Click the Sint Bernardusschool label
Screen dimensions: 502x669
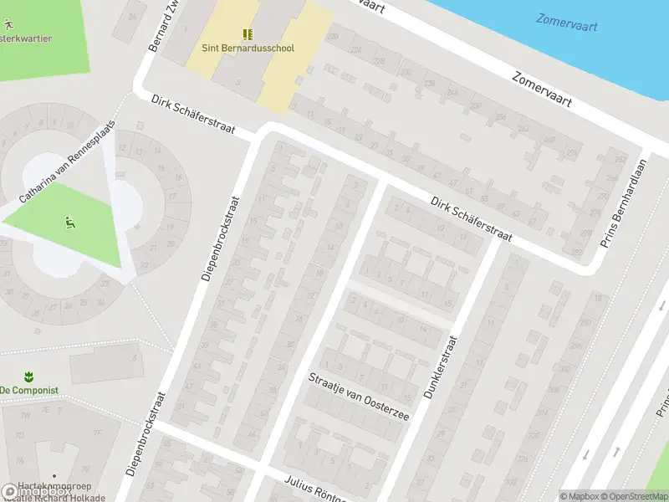point(248,49)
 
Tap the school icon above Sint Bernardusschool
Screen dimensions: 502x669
point(248,33)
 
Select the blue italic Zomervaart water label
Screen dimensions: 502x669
point(567,22)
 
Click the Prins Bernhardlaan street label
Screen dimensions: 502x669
point(624,203)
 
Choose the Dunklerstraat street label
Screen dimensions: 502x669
point(442,366)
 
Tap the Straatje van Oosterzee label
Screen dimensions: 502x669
point(359,397)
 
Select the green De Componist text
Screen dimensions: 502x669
point(28,391)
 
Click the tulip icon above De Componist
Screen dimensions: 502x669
point(28,376)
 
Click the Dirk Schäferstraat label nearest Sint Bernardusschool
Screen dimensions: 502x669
point(193,116)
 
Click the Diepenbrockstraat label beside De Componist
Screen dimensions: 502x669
point(146,433)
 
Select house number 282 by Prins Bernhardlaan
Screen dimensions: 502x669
point(575,252)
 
